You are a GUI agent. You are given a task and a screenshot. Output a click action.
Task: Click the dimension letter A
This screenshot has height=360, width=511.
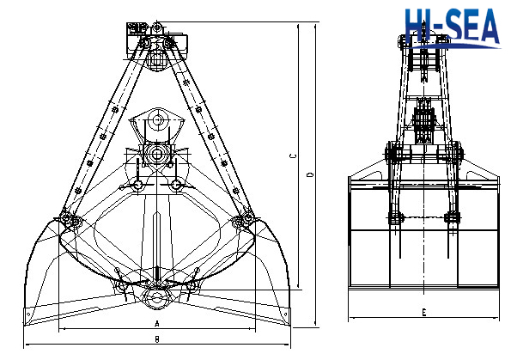[156, 324]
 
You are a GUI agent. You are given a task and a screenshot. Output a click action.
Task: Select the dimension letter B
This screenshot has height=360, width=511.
[156, 339]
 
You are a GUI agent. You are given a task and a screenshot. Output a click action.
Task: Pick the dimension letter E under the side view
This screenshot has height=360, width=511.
[424, 312]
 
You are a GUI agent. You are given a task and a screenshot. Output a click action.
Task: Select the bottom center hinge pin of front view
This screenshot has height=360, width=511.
[156, 297]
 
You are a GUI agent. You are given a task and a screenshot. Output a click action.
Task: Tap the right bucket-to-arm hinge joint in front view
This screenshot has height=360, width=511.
[245, 222]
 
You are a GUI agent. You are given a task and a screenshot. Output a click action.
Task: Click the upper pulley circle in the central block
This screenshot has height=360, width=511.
[156, 121]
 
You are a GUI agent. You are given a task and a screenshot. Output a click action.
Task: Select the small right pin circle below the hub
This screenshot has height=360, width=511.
[176, 184]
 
